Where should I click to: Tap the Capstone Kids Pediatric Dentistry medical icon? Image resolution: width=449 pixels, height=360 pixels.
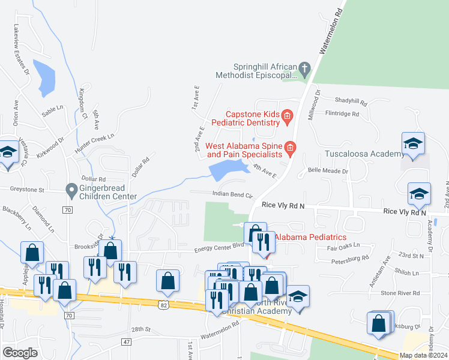(x=287, y=116)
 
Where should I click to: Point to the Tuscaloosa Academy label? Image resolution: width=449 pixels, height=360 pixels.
(x=364, y=154)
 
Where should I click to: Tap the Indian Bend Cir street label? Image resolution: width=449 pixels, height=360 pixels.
(x=233, y=194)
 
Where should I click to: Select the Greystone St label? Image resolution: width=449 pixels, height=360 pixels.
(x=22, y=190)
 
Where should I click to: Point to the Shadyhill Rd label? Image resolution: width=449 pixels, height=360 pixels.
(x=351, y=101)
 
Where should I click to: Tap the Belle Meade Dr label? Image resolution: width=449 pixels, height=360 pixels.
(x=327, y=171)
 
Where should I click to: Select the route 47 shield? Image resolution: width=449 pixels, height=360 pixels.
(x=125, y=341)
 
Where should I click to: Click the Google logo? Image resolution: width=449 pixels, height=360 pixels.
(x=20, y=353)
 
